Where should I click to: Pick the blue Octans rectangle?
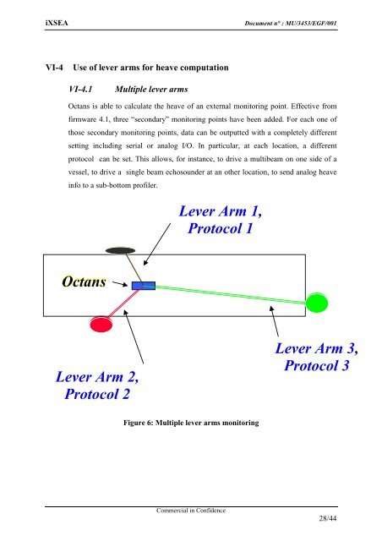coord(143,287)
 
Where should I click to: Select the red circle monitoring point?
coord(101,325)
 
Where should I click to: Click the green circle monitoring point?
coord(317,303)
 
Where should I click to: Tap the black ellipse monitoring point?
coord(121,249)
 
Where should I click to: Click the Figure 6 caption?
coord(190,421)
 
